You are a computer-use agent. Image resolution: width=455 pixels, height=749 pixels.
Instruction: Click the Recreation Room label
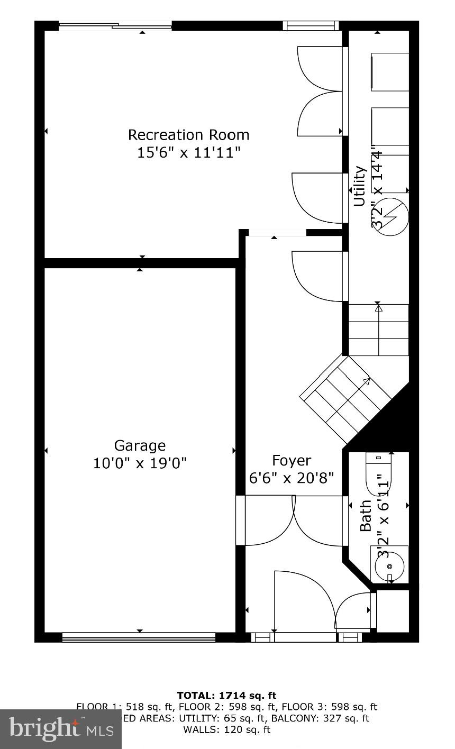188,135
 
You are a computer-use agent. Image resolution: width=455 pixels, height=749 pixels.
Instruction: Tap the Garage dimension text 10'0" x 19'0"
140,463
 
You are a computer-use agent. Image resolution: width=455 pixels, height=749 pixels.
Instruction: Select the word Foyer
292,460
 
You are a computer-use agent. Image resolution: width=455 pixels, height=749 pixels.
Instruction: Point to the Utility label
360,186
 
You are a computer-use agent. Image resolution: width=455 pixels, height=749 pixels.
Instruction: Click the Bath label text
366,516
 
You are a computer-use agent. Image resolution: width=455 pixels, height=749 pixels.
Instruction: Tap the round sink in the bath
389,567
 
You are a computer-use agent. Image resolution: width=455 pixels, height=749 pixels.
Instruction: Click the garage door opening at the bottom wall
139,637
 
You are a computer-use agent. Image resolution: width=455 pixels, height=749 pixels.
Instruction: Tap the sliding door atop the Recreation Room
115,25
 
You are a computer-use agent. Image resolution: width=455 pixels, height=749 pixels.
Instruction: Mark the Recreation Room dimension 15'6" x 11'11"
188,153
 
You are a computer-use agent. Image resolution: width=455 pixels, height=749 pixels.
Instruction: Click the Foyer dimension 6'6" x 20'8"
292,478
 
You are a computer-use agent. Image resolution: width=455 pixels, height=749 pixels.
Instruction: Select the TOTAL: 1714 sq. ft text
226,696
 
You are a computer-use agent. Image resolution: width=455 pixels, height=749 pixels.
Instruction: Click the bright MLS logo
61,729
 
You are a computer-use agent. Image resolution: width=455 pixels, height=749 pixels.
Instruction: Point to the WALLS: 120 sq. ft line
226,730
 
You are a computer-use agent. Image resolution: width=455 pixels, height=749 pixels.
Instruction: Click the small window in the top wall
311,25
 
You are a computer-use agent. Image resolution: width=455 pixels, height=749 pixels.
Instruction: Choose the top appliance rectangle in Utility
390,71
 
